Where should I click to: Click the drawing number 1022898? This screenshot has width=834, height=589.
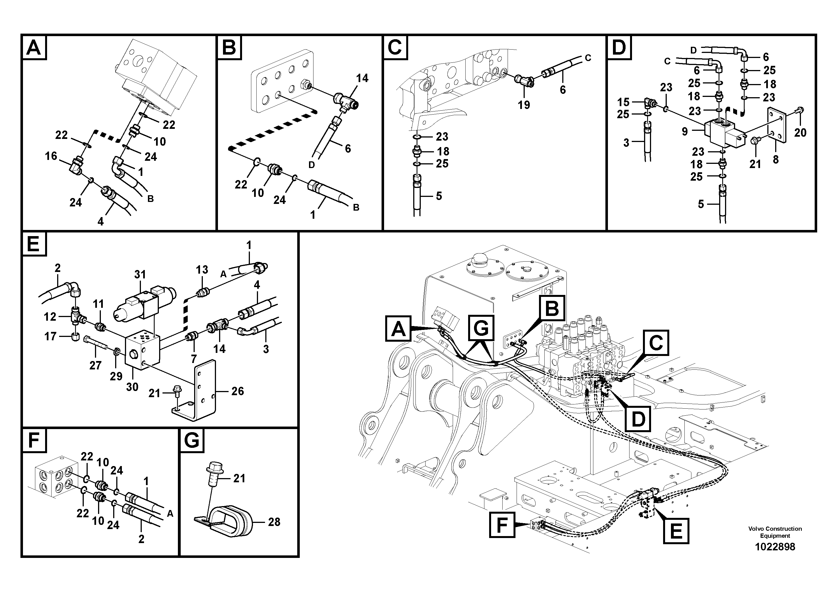775,546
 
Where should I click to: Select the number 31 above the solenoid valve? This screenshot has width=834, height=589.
140,274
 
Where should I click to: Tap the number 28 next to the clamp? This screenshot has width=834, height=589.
274,522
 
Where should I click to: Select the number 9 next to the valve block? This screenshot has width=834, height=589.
684,131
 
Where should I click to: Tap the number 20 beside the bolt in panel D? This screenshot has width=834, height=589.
800,132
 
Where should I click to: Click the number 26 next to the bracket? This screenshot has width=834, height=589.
238,391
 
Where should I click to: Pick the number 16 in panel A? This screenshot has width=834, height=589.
51,156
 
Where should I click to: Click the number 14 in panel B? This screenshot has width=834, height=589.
362,78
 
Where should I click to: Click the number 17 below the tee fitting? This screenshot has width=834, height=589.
50,336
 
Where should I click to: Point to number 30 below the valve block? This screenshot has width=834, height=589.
132,387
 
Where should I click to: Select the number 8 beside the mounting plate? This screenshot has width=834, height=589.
775,159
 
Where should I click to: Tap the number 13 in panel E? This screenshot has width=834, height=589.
202,269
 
